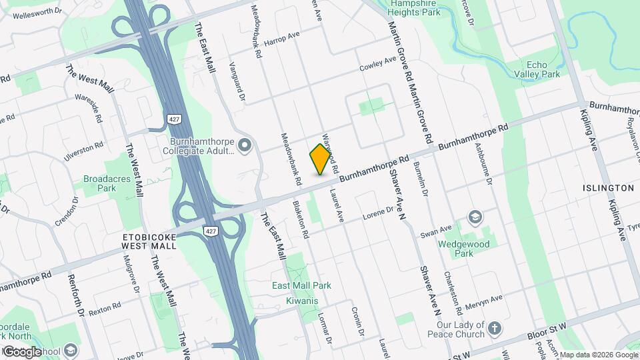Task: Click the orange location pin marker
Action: coord(321,159)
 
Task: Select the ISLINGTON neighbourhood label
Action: coord(607,188)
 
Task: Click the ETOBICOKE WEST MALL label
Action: coord(149,241)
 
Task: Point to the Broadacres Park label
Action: coord(100,183)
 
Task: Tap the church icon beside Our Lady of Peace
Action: coord(494,328)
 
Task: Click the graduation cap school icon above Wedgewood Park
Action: coord(475,217)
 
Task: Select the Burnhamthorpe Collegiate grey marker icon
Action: coord(245,144)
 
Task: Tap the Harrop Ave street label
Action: coord(283,39)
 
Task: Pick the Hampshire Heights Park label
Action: coord(415,8)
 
